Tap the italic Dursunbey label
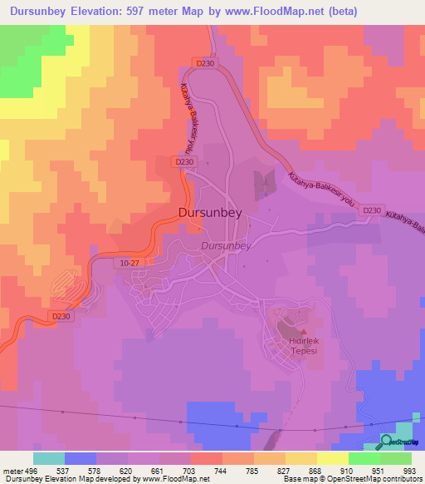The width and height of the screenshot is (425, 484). pyautogui.click(x=226, y=246)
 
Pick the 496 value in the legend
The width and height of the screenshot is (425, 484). pyautogui.click(x=33, y=470)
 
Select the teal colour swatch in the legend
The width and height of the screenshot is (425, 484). pyautogui.click(x=49, y=458)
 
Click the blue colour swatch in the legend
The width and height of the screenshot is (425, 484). pyautogui.click(x=81, y=458)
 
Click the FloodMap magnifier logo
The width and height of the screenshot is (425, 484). pyautogui.click(x=387, y=442)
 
